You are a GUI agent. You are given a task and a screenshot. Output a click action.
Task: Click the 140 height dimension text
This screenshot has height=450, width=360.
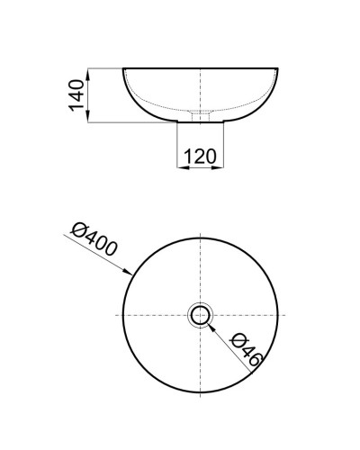[x=77, y=94]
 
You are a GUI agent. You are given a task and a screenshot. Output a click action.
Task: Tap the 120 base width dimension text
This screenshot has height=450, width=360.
[x=200, y=156]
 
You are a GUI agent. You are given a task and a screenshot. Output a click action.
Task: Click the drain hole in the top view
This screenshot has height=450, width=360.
[x=200, y=315]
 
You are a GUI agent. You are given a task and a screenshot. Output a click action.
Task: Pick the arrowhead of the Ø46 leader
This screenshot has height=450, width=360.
[x=210, y=325]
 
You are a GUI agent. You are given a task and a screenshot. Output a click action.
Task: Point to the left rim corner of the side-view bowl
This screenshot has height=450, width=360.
[x=122, y=68]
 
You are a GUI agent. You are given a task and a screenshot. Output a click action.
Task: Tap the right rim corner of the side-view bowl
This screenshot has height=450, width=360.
[x=278, y=68]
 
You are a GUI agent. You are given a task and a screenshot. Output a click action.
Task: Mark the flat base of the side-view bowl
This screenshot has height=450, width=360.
[x=200, y=121]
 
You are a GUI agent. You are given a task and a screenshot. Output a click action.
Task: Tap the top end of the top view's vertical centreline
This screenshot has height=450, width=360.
[x=200, y=231]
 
